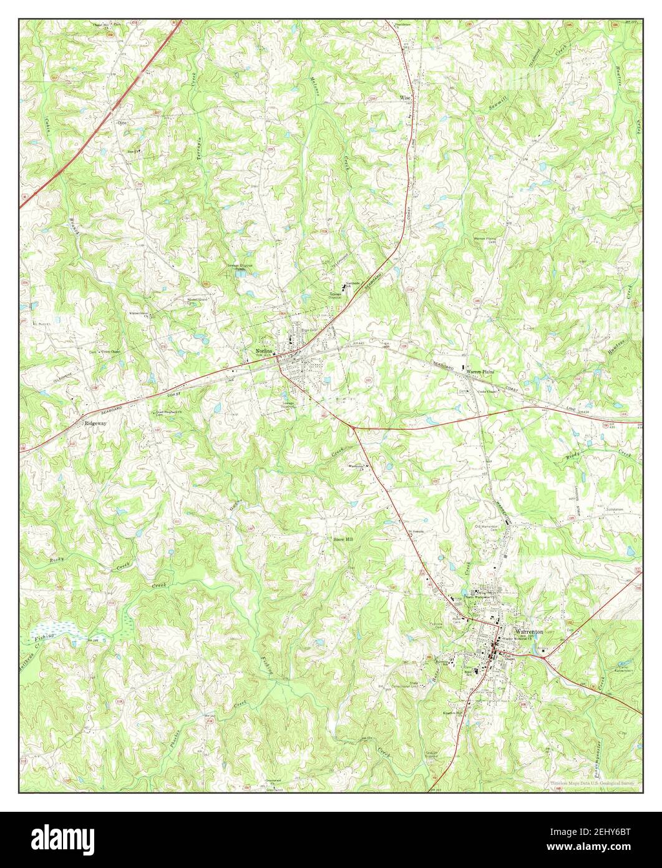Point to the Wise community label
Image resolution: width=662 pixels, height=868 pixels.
[x=406, y=98]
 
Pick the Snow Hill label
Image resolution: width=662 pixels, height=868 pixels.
[x=343, y=539]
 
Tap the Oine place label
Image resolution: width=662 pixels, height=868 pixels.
[x=122, y=124]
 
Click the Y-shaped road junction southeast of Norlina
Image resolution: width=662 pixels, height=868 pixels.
[x=353, y=428]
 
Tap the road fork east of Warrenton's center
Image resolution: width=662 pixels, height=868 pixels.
[x=543, y=655]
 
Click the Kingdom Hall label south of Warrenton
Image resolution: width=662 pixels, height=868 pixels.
[x=453, y=713]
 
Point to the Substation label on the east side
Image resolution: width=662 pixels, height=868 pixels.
[x=615, y=510]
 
